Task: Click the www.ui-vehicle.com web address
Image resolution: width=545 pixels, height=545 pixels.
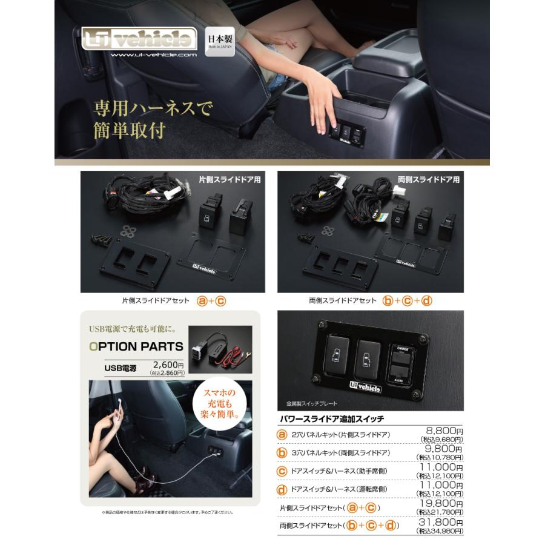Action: coord(154,55)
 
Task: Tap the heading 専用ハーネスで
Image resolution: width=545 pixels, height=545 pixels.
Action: coord(153,110)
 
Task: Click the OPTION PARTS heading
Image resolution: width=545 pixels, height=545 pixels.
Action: coord(136,347)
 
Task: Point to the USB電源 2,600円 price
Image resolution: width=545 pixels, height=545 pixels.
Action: coord(168,365)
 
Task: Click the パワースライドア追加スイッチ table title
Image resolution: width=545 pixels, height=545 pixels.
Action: coord(331,418)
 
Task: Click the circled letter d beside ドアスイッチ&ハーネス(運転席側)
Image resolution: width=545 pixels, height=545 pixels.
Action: coord(282,489)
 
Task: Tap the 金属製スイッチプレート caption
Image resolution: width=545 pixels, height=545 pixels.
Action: coord(312,403)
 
